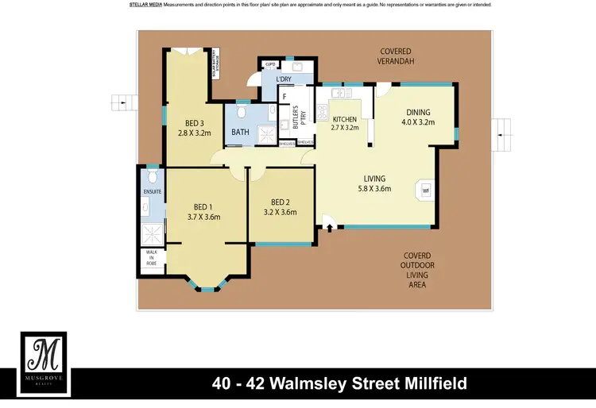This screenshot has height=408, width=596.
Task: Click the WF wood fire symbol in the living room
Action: click(x=425, y=191)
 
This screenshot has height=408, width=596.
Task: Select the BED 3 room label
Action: click(x=195, y=123)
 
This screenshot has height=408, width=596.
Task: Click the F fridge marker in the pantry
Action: click(x=283, y=97)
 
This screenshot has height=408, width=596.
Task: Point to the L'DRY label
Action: click(x=283, y=79)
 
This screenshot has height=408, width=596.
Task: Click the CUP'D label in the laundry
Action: click(x=270, y=65)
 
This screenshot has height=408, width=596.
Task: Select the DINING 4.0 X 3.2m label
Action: click(x=418, y=117)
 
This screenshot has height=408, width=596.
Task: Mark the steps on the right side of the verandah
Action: click(x=502, y=127)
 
